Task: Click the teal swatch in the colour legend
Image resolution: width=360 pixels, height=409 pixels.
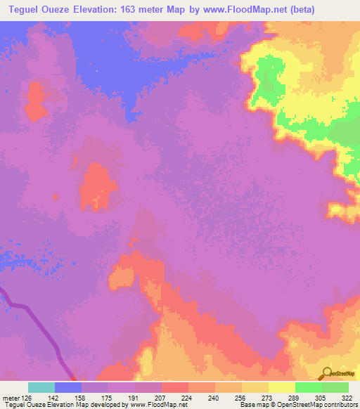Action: pos(41,387)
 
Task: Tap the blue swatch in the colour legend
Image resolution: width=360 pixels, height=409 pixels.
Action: pos(68,387)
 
